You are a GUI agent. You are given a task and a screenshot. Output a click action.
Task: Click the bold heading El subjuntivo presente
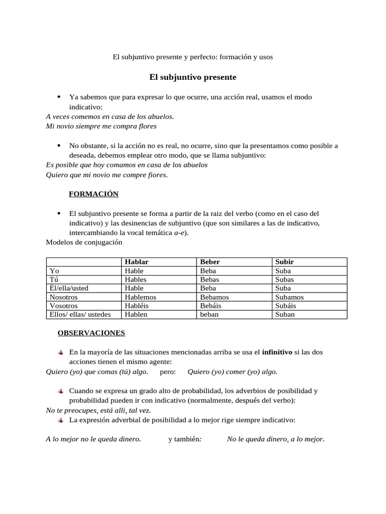coord(192,77)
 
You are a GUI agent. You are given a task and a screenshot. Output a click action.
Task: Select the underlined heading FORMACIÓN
coord(93,194)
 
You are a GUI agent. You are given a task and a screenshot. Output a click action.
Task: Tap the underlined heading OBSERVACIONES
coord(91,333)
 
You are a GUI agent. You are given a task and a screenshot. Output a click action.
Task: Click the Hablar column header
coord(137,262)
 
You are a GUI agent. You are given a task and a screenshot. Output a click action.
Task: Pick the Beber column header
coord(210,262)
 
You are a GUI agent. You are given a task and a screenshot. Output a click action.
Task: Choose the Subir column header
coord(284,262)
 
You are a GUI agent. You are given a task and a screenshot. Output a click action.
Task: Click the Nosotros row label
coord(64,297)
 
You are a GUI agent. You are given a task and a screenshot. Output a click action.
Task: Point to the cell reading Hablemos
coord(141,297)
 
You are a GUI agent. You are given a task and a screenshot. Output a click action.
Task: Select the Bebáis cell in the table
coord(211,306)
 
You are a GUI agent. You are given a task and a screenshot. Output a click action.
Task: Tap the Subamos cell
coord(289,297)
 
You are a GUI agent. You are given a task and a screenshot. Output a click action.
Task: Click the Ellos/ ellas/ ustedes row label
coord(80,315)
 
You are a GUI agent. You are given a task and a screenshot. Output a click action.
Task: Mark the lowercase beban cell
coord(209,315)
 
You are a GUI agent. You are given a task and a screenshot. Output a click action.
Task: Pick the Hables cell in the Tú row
coord(136,280)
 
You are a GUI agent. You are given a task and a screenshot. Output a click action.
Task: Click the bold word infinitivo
coord(277,352)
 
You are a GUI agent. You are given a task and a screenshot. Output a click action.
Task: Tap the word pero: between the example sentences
coord(168,372)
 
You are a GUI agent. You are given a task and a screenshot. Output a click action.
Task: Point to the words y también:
coord(185,439)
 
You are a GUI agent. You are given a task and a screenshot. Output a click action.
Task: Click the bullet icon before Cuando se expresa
coord(60,391)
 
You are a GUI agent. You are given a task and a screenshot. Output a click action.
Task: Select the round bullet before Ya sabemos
coord(59,97)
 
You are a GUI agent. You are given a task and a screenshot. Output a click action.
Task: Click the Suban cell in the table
coord(285,315)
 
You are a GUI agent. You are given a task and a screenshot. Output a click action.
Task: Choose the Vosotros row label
coord(64,306)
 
